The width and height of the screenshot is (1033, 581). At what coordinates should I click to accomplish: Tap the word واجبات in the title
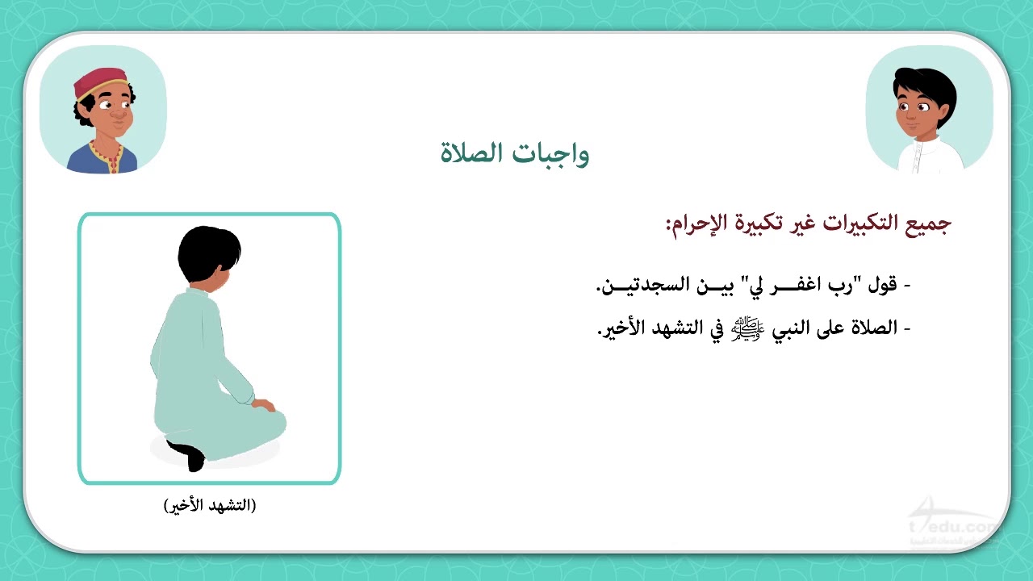click(x=550, y=154)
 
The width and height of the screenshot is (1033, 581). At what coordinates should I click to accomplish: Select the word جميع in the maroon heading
click(x=928, y=224)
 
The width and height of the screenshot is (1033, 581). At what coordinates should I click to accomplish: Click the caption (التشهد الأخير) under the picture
click(x=210, y=505)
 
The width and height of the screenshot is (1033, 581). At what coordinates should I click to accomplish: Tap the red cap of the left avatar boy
click(x=100, y=82)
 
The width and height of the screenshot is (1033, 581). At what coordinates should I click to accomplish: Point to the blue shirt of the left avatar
click(x=102, y=159)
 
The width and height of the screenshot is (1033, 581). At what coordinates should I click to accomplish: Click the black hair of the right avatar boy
click(x=926, y=89)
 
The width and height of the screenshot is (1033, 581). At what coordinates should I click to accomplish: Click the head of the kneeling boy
click(x=209, y=254)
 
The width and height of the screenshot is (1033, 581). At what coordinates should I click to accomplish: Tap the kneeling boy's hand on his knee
click(x=264, y=405)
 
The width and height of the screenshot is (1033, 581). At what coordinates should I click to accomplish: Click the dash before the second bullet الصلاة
click(x=907, y=329)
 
